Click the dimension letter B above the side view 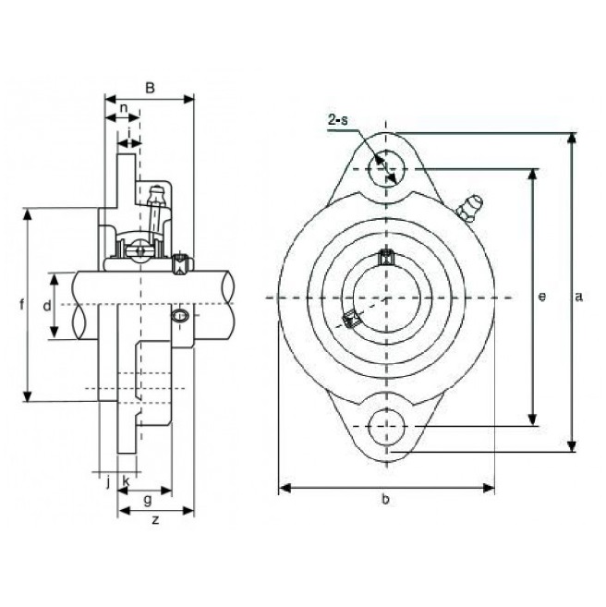(x=150, y=88)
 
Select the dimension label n (x=124, y=107)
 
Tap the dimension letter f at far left (x=21, y=304)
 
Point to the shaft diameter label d (x=47, y=306)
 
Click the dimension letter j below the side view (x=108, y=482)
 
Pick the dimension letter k (x=126, y=481)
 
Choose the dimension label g (x=148, y=500)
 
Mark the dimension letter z (x=155, y=520)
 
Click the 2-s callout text (x=338, y=119)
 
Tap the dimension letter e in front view (x=542, y=297)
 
